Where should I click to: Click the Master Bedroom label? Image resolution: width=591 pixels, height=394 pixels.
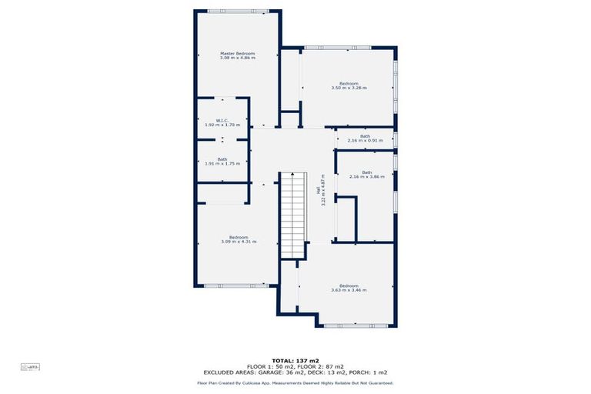click(x=237, y=55)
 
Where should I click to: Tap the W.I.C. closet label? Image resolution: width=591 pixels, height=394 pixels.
click(x=222, y=122)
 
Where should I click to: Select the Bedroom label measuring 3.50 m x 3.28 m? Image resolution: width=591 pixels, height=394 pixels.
click(x=349, y=85)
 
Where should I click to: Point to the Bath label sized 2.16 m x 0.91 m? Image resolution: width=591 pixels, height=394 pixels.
click(x=364, y=139)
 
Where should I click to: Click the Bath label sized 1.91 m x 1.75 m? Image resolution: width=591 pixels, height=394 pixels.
click(x=222, y=162)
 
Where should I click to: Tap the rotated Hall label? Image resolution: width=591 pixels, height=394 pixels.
click(x=319, y=190)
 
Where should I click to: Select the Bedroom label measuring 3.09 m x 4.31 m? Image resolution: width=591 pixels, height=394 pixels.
click(x=238, y=239)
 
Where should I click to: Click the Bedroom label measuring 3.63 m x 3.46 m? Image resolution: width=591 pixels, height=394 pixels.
click(x=349, y=288)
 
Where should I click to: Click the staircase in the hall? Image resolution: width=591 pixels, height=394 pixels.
click(x=292, y=215)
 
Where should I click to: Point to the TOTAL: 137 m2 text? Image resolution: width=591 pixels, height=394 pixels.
click(x=295, y=359)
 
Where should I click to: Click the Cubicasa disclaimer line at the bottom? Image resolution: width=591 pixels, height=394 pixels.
click(x=295, y=382)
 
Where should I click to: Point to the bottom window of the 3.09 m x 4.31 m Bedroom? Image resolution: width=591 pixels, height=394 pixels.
click(x=236, y=286)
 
